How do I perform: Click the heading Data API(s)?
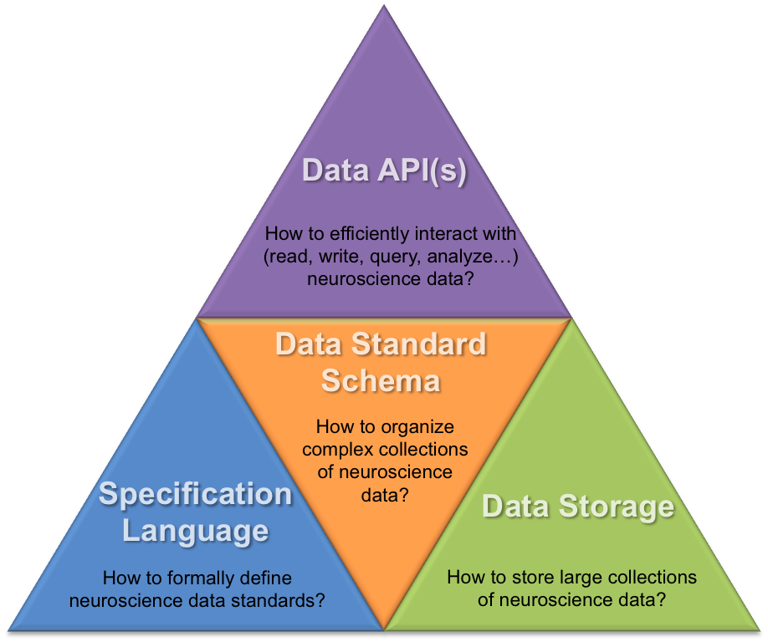point(384,170)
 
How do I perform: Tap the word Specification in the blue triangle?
point(196,494)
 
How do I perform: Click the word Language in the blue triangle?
point(196,531)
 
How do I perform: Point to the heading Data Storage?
point(578,506)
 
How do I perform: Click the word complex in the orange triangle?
point(335,450)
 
